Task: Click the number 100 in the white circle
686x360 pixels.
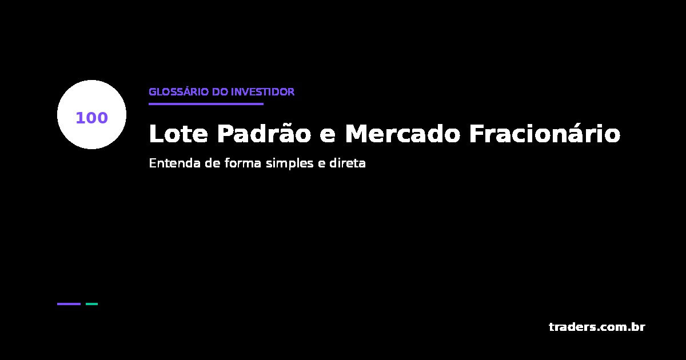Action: pos(91,118)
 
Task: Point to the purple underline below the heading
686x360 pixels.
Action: pos(206,104)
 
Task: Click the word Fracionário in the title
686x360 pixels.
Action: pos(544,134)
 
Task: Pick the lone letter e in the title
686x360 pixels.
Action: pos(328,135)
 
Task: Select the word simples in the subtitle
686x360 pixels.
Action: pos(288,164)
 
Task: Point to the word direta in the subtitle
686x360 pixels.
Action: pos(348,163)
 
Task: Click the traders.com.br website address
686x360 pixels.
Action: pos(597,327)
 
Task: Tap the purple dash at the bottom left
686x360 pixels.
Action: pos(69,304)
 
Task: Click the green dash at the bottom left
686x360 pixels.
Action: pos(91,304)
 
